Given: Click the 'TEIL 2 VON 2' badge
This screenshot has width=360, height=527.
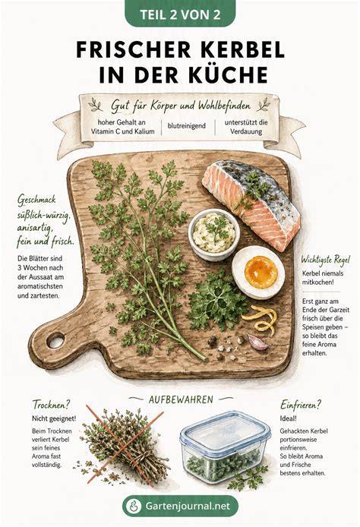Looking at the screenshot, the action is [180, 14].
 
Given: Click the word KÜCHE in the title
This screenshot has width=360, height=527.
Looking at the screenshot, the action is [228, 75].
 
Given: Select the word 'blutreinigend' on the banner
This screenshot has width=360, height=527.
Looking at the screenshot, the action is [187, 126].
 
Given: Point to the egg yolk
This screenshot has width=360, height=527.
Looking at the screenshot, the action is [261, 272].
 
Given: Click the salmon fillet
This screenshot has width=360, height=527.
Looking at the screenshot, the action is [251, 204].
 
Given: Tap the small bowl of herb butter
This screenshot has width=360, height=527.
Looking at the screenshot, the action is [213, 234].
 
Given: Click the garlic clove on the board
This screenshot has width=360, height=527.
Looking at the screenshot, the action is [257, 342].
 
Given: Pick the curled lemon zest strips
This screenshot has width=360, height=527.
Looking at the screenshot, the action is [261, 319].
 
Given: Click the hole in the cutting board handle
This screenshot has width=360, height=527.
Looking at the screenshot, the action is [55, 341].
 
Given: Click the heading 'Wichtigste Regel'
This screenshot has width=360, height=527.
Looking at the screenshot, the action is [325, 260].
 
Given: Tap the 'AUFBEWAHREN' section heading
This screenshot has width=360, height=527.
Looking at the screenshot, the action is [181, 399].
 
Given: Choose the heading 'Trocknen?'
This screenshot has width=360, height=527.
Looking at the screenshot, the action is [52, 405].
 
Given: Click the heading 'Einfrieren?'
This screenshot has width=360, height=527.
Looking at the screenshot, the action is [301, 405].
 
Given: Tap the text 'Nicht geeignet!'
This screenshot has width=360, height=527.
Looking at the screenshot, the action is [54, 418].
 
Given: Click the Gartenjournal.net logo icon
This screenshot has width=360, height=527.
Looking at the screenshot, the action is [134, 506].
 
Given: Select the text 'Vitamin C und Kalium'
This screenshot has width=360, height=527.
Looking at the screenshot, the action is [123, 131].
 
